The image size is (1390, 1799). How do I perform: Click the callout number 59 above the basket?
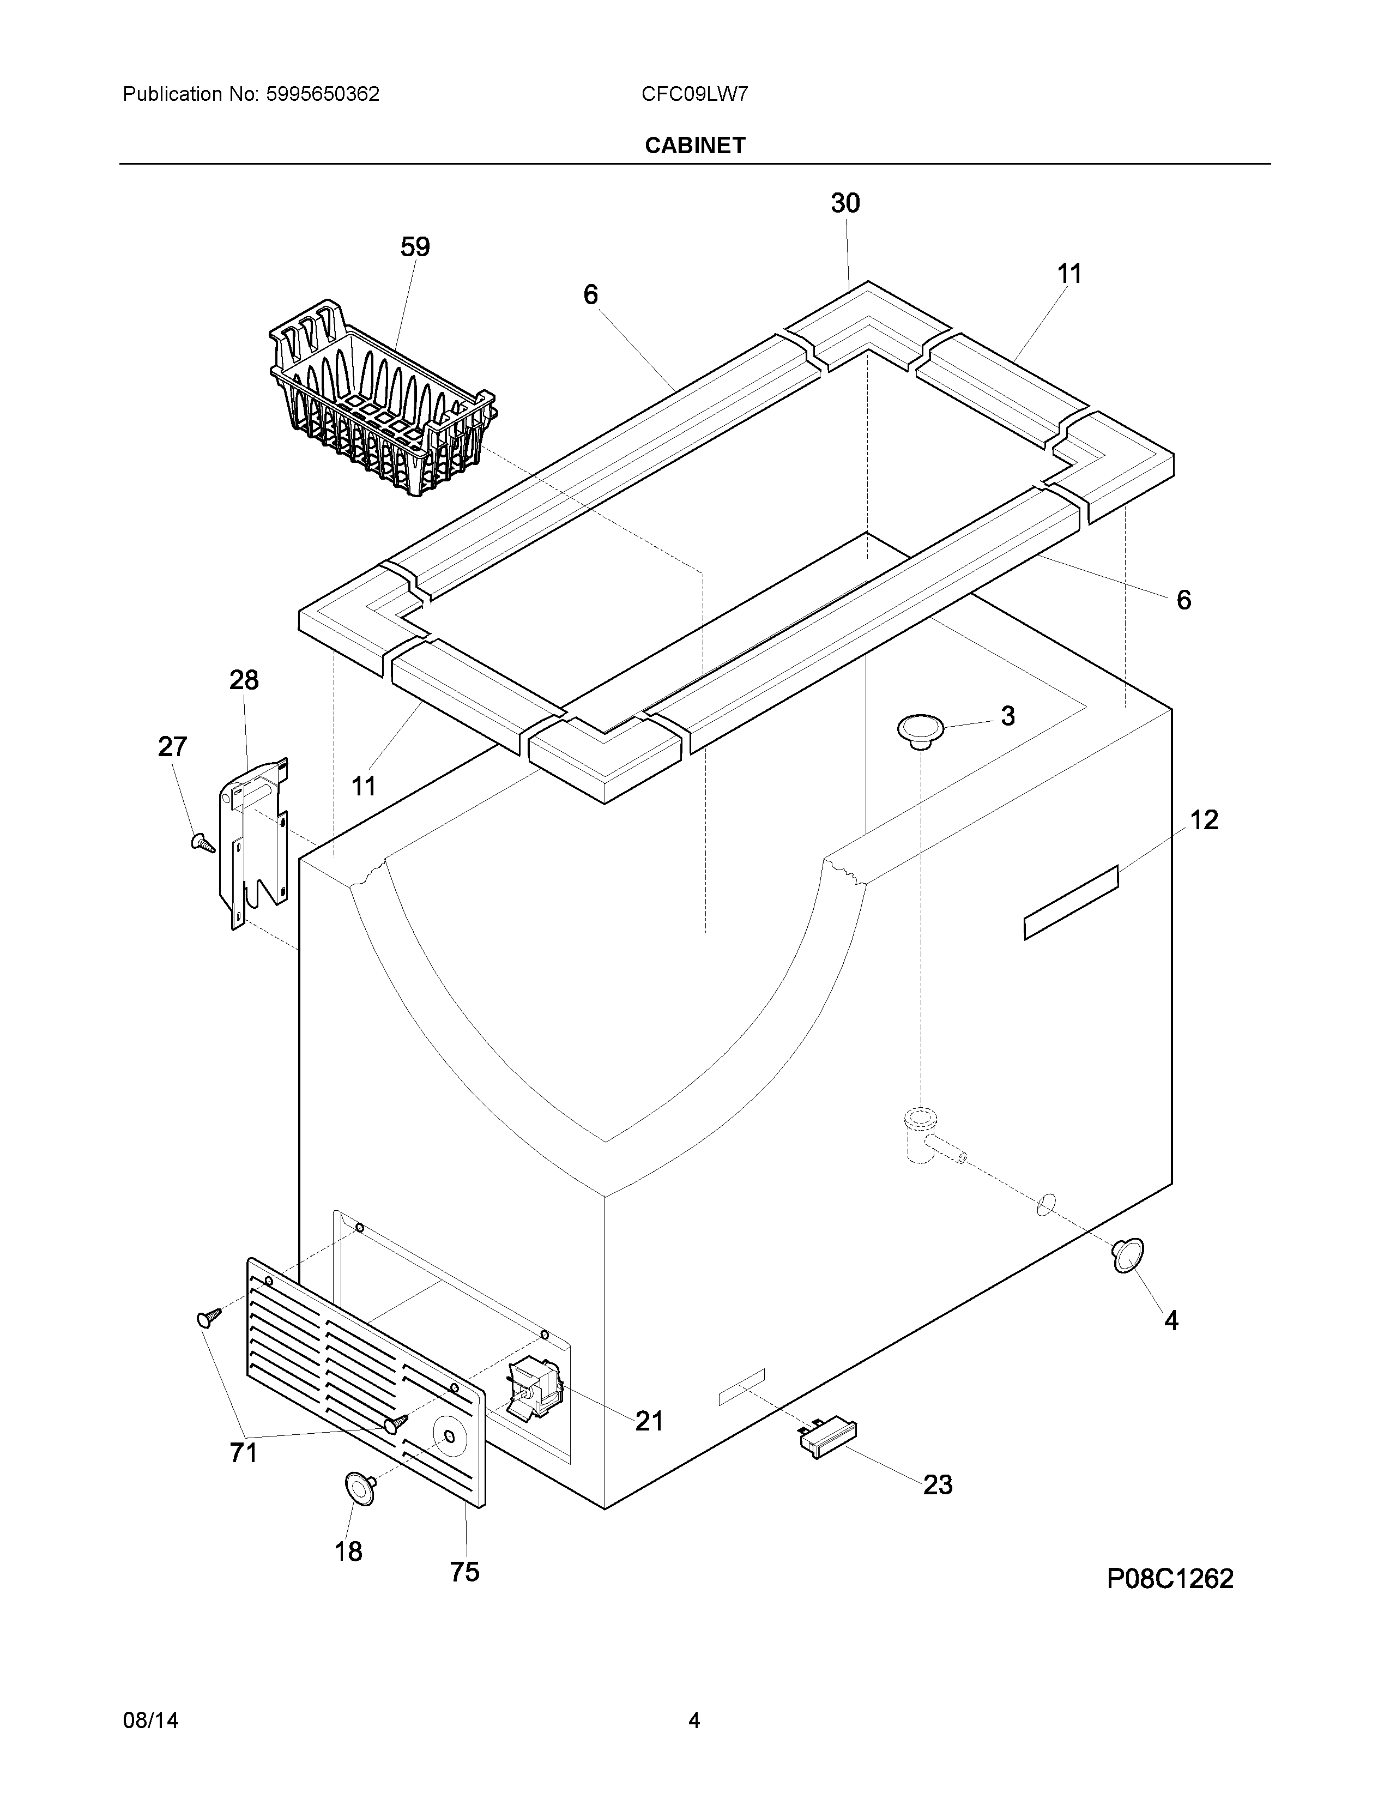[415, 247]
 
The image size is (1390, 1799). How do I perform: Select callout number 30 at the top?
[845, 203]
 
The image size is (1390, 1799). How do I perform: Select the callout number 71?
[244, 1453]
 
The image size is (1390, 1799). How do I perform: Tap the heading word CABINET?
[695, 146]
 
